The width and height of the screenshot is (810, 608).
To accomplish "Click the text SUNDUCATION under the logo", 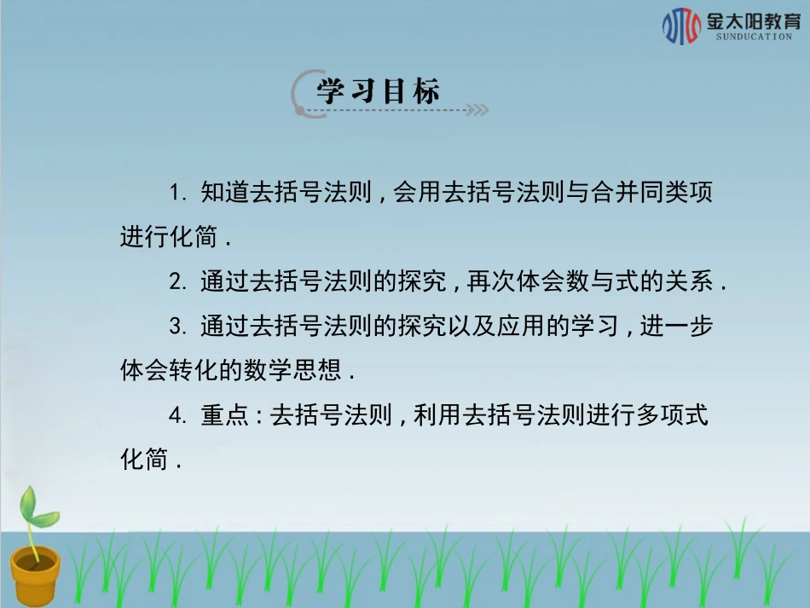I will tap(754, 38).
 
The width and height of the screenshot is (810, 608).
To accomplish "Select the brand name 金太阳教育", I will tap(753, 20).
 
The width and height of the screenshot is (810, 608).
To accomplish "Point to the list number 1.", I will tap(176, 193).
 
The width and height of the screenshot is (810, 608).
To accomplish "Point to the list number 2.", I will tap(176, 281).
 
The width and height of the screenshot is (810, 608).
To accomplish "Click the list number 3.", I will tap(176, 326).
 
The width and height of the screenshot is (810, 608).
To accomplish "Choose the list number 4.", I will tap(176, 415).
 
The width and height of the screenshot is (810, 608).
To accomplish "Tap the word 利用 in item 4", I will tap(437, 415).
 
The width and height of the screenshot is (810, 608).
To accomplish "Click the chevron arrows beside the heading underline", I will tap(478, 110).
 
